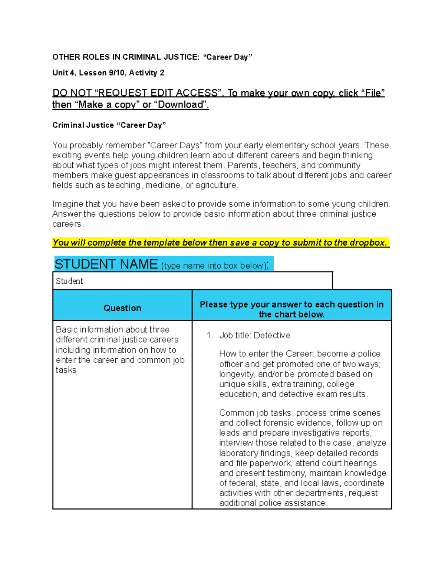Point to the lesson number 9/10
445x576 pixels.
[x=117, y=73]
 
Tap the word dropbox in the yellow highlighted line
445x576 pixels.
[x=366, y=243]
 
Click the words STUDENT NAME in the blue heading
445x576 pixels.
[x=106, y=264]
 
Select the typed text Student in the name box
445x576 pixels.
[x=69, y=281]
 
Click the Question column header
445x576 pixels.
[x=122, y=308]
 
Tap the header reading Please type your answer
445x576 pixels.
[x=291, y=305]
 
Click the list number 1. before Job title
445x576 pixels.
[x=210, y=336]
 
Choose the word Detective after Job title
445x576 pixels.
[x=272, y=336]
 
